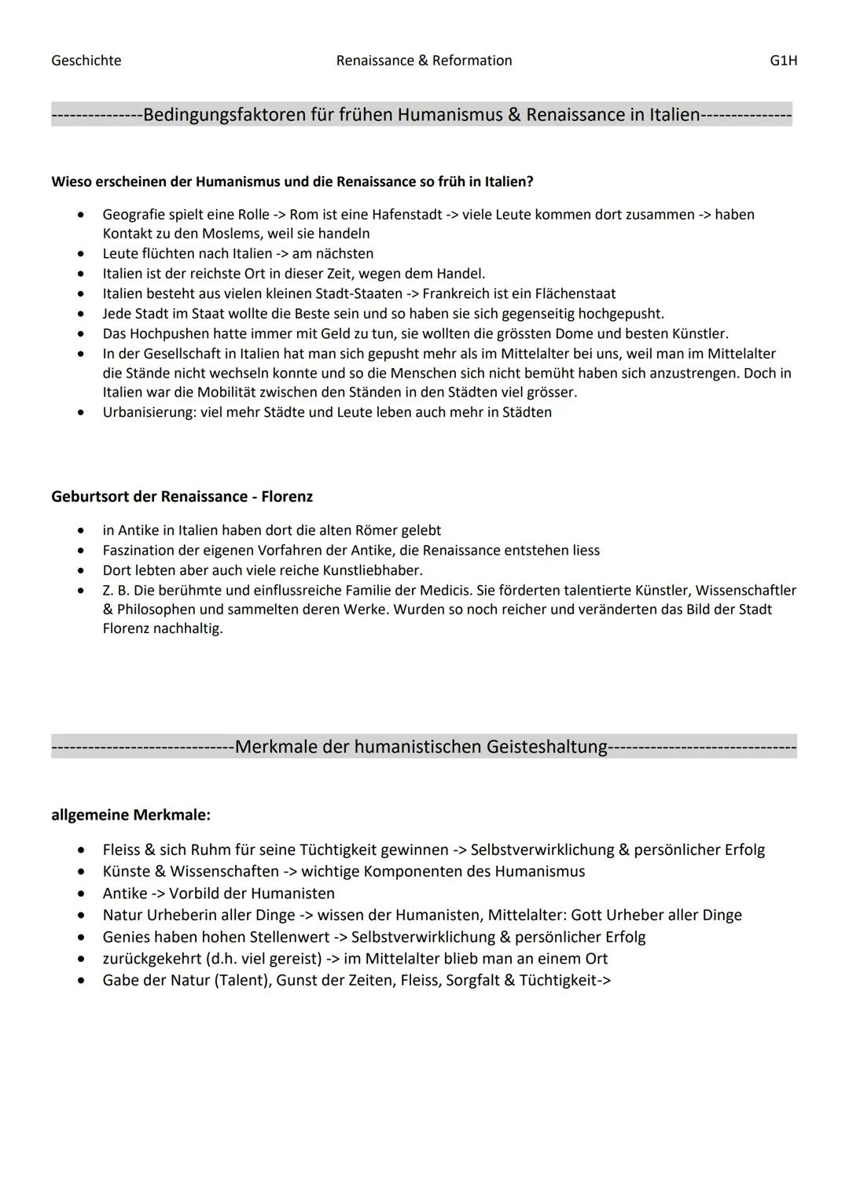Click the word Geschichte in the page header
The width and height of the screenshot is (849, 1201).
coord(86,61)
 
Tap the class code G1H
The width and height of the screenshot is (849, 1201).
coord(783,61)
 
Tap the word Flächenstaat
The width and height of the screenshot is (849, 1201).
coord(575,293)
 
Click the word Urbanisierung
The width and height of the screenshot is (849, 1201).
coord(144,412)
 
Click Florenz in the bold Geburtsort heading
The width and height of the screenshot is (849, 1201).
coord(287,496)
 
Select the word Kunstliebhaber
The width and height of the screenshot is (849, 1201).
coord(370,570)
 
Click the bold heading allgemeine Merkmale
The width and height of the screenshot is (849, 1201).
coord(130,815)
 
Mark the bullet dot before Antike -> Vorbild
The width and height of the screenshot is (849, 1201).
coord(81,893)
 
